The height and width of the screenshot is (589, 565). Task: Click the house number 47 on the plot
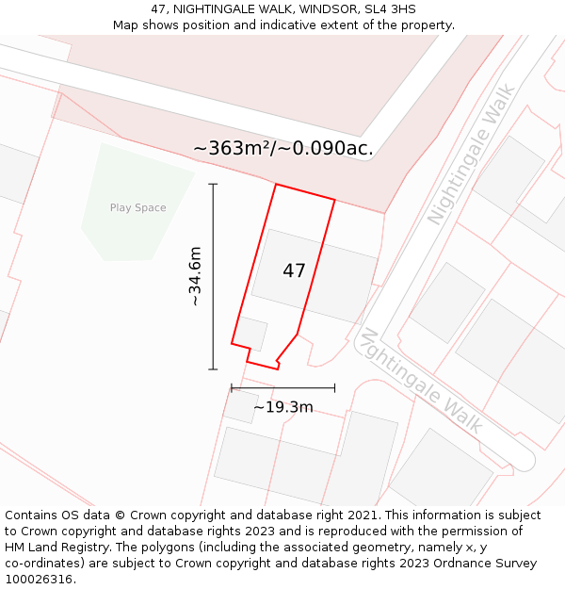click(x=294, y=271)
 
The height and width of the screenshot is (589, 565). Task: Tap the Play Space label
click(x=137, y=208)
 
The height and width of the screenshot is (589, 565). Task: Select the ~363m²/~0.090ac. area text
click(x=282, y=148)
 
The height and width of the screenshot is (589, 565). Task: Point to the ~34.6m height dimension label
click(x=195, y=276)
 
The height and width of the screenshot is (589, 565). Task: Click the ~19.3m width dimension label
click(x=282, y=407)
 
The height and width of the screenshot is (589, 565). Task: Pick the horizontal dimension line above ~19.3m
click(x=282, y=387)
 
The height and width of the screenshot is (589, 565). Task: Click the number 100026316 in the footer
click(x=37, y=580)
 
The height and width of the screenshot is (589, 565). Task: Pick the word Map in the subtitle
click(x=126, y=25)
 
